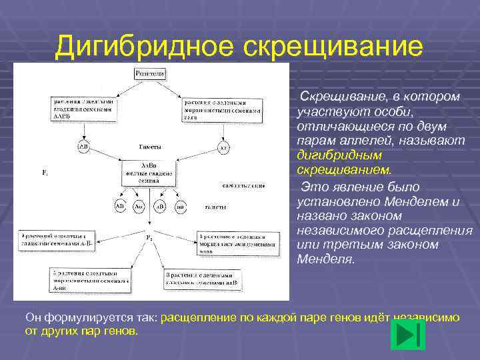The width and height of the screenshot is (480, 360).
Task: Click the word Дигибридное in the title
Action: click(x=144, y=46)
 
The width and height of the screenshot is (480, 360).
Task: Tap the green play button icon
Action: click(x=407, y=335)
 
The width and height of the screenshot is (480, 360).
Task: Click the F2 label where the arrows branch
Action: click(x=149, y=237)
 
